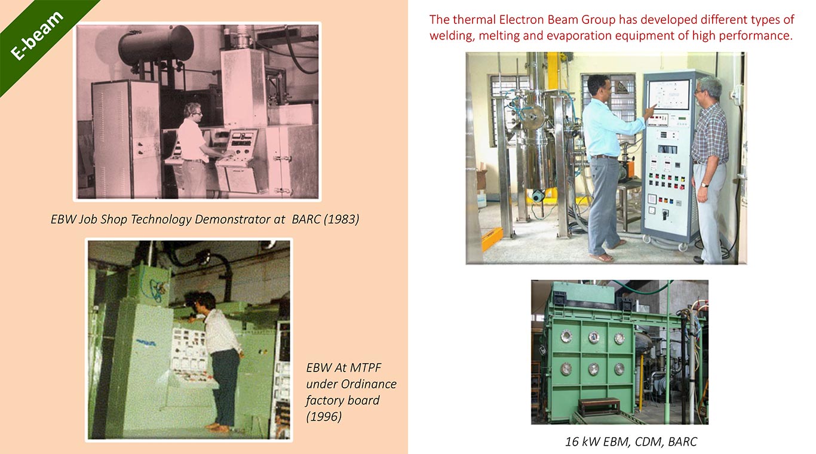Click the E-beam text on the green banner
point(37,35)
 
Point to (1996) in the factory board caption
point(324,416)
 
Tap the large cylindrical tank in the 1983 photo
point(156,44)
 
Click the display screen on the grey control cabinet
point(668,94)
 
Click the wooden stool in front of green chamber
point(599,407)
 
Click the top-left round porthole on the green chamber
point(566,337)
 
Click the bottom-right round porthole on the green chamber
point(619,369)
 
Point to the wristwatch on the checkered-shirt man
point(705,185)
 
